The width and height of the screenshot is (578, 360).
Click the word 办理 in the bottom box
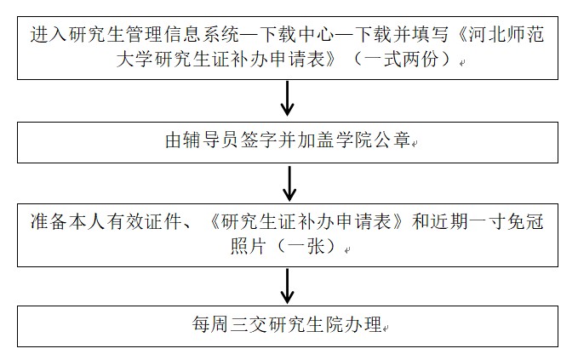363,325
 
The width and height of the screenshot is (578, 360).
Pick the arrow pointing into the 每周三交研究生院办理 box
288,286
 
